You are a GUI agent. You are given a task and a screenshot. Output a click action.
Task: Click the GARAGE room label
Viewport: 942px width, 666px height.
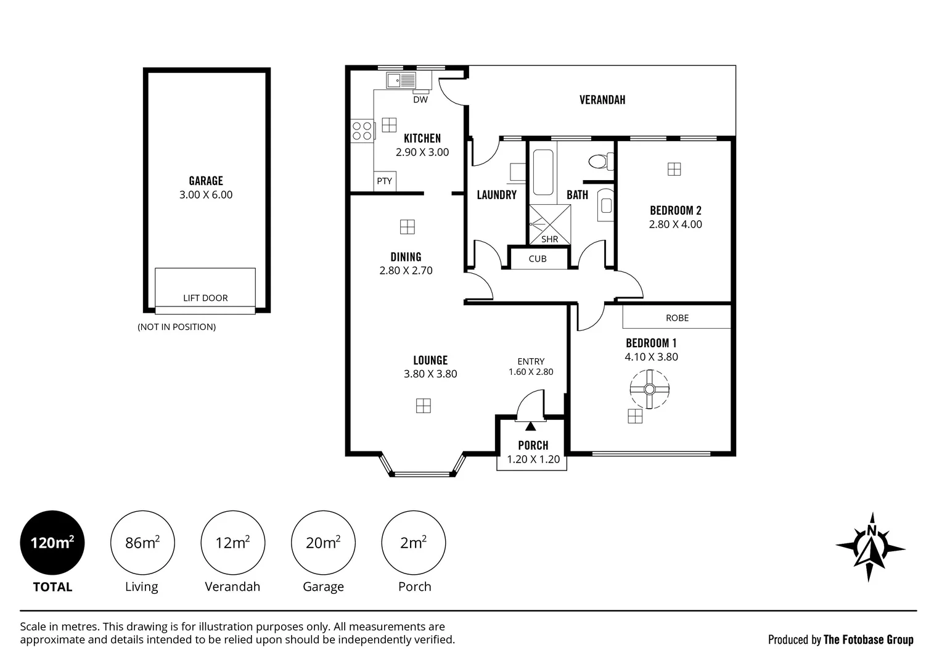tap(206, 181)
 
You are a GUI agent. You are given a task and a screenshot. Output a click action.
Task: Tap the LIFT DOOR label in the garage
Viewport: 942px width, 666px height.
tap(205, 298)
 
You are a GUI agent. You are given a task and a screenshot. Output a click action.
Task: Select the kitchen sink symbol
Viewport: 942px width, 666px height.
tap(401, 80)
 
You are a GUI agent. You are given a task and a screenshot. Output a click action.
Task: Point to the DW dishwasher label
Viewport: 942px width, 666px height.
tap(420, 100)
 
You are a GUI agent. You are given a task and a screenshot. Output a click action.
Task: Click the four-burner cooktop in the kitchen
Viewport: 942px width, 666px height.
tap(362, 130)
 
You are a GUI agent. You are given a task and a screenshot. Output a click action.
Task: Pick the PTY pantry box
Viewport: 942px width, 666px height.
tap(384, 181)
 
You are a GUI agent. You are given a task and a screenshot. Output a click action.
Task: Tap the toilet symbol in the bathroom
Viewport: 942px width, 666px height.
tap(601, 161)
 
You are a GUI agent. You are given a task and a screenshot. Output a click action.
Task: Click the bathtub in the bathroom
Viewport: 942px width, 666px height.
tap(543, 173)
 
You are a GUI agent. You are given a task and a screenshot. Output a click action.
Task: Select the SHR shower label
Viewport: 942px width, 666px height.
tap(550, 239)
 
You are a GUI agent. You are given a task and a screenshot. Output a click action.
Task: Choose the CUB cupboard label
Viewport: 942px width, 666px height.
tap(538, 259)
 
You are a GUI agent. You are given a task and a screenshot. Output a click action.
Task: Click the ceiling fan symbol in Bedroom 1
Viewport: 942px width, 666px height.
tap(650, 389)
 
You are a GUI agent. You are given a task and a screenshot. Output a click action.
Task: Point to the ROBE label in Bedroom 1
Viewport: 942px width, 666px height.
tap(677, 318)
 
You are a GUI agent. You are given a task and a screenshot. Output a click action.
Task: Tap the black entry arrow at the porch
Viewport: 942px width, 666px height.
tap(531, 426)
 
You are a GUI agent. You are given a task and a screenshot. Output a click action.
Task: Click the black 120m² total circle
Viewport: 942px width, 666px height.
tap(52, 543)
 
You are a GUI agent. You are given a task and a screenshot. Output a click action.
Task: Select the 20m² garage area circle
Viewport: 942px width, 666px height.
tap(323, 543)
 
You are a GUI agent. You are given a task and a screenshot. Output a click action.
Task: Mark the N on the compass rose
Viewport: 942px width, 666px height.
tap(872, 531)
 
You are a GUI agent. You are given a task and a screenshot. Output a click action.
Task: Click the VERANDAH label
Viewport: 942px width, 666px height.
tap(602, 100)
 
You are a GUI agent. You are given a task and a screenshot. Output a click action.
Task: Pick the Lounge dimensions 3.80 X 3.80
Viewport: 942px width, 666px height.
tap(430, 374)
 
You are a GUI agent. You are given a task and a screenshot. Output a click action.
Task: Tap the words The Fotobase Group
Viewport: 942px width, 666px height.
tap(869, 640)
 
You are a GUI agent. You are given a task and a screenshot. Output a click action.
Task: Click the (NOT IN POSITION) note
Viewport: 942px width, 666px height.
tap(176, 327)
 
